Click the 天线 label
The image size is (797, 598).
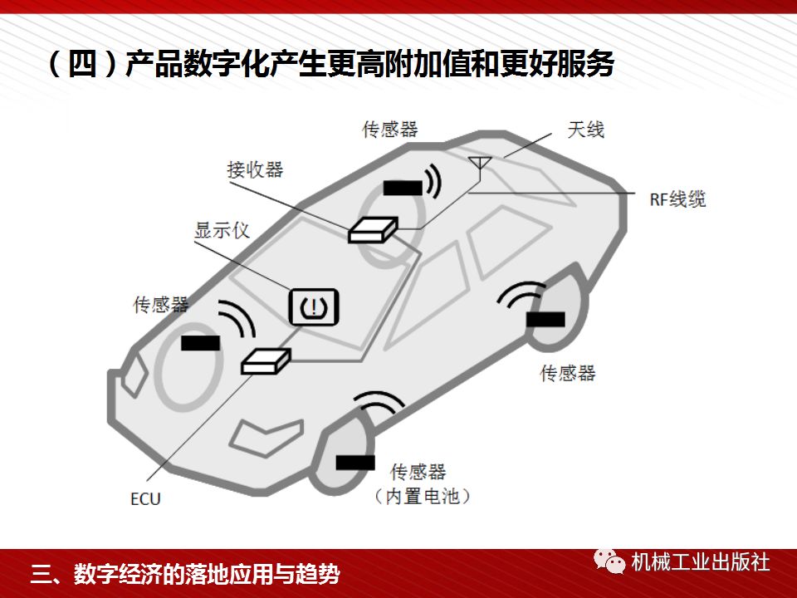pos(585,129)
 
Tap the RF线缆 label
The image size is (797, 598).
pos(677,199)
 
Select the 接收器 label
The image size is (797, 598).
pos(255,169)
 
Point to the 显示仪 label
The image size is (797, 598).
pos(222,229)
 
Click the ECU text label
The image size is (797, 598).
pos(145,499)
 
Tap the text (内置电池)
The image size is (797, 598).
pos(422,497)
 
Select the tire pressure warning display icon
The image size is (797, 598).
pos(314,306)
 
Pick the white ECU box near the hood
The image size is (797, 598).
pos(266,360)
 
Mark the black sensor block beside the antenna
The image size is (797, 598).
pos(402,188)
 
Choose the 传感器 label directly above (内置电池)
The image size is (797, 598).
pos(418,472)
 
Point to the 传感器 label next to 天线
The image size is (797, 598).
pos(390,130)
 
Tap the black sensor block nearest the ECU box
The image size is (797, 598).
pos(201,342)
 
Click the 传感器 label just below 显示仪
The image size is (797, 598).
pos(161,305)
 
